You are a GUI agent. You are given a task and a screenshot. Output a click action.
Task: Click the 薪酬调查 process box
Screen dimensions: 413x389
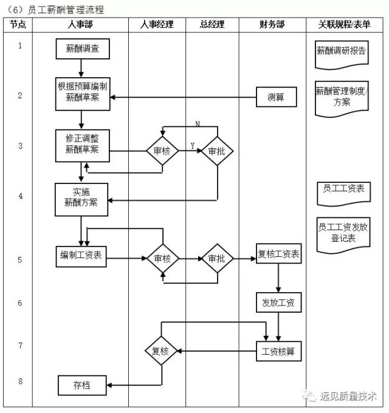82,49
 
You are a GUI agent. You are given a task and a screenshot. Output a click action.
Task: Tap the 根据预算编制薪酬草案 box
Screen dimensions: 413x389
82,93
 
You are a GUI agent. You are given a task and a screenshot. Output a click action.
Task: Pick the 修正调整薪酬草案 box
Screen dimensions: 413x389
82,146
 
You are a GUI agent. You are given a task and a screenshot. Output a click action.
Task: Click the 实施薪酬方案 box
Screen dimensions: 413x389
82,199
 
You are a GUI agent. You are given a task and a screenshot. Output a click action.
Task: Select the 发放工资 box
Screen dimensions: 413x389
278,302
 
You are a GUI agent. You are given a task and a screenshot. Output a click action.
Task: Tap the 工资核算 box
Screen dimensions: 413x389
278,351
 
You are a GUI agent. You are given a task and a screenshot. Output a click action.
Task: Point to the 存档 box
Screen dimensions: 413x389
82,384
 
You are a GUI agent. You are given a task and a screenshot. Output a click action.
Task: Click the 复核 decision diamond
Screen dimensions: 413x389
161,351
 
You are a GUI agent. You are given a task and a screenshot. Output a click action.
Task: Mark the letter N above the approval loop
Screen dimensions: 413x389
198,124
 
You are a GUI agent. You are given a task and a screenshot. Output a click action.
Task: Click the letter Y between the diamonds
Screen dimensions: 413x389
193,146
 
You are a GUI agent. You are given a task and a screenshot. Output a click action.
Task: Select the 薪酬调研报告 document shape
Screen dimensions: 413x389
342,52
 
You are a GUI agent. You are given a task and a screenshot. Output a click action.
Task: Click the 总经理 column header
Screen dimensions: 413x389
212,25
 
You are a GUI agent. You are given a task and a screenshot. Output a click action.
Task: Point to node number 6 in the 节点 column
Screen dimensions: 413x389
20,302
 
